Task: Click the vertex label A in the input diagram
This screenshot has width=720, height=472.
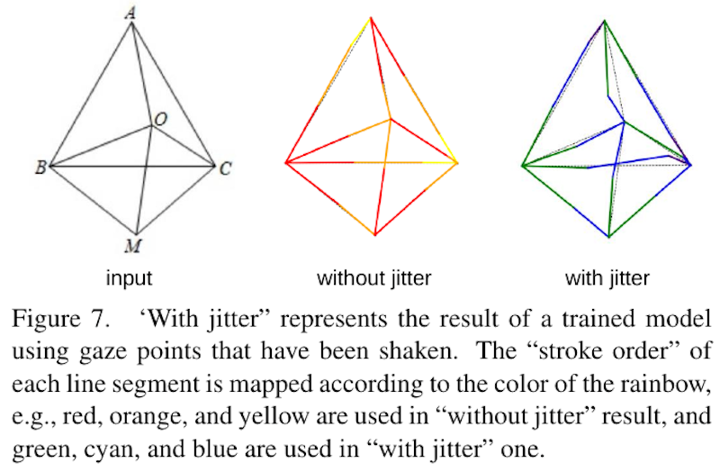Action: point(130,14)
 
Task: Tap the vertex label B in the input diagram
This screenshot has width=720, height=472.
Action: point(40,168)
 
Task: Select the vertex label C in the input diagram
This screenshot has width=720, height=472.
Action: point(225,168)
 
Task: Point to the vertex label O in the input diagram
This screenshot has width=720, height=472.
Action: point(160,120)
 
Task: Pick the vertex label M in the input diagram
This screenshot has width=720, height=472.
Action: point(132,246)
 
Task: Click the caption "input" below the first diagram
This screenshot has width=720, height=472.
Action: point(129,278)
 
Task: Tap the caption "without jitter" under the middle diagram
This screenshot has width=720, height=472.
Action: point(374,278)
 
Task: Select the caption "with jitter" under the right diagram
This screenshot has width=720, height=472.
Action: point(607,278)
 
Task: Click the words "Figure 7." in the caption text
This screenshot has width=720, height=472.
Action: point(61,319)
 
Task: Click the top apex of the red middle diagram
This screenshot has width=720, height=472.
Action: point(371,18)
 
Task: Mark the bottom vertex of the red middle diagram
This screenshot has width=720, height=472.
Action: point(375,235)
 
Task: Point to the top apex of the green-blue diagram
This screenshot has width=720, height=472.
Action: point(605,20)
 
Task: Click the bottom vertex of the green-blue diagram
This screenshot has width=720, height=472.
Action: point(609,237)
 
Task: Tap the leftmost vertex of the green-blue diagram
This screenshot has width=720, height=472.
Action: point(522,166)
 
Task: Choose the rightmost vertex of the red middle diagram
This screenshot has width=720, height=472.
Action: point(457,163)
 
